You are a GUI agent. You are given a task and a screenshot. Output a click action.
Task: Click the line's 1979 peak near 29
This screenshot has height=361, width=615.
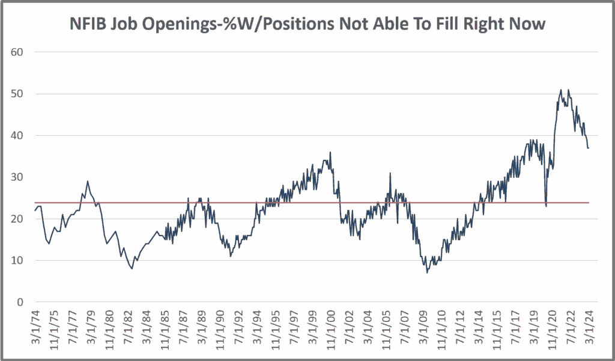(x=88, y=181)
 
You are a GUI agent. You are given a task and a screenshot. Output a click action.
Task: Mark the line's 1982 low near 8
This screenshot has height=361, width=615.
(x=132, y=268)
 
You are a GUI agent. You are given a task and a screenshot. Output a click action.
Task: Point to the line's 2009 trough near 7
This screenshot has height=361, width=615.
(x=427, y=273)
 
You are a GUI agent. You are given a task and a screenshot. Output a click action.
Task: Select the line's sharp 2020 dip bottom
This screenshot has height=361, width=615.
(x=546, y=206)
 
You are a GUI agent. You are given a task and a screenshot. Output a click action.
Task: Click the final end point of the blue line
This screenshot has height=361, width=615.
(x=589, y=148)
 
